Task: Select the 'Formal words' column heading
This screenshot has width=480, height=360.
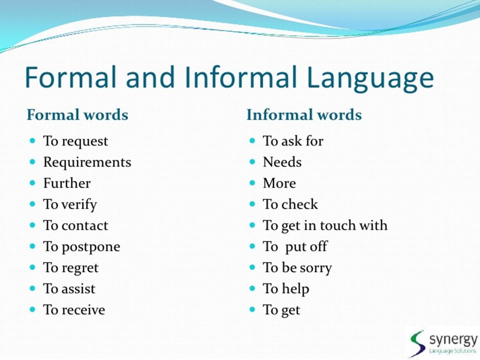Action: pos(78,115)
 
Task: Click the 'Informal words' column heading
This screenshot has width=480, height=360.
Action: pos(304,115)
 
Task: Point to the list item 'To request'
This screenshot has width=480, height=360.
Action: pos(76,141)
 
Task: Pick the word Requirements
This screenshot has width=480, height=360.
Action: pos(87,162)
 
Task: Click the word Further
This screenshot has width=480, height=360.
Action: pos(67,183)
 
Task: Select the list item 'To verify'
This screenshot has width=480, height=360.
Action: pos(70,204)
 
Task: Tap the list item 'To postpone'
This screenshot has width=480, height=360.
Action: pos(82,247)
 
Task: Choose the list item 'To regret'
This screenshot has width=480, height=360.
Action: pos(71,268)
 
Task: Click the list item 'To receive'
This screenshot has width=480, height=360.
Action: pos(74,310)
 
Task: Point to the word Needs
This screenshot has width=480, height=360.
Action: pos(282,162)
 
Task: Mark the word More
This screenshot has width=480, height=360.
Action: pos(279,183)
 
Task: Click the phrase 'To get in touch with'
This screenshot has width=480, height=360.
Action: pos(325,226)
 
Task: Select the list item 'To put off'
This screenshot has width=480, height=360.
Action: pos(295,246)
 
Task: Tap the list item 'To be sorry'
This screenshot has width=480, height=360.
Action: pos(297,268)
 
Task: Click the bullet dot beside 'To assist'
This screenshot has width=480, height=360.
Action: pos(32,288)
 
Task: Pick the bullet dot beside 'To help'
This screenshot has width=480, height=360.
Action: pos(252,288)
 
